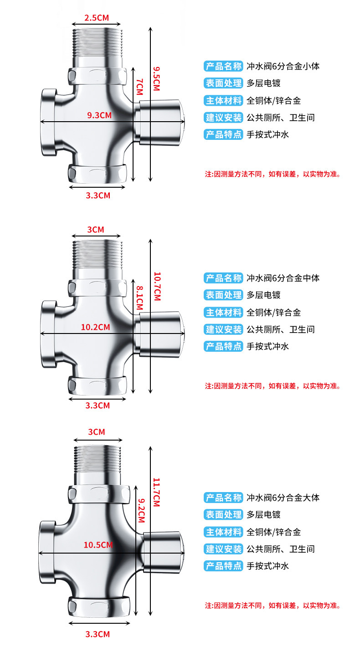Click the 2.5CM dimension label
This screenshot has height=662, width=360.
click(x=97, y=18)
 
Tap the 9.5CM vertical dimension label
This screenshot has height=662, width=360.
click(x=156, y=78)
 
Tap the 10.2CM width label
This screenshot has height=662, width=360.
click(x=96, y=327)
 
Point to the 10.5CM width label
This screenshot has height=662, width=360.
click(x=98, y=545)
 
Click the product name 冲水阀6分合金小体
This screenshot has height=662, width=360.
click(x=283, y=66)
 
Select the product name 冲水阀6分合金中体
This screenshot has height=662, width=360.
click(x=283, y=278)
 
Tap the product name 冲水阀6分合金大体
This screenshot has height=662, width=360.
click(x=283, y=498)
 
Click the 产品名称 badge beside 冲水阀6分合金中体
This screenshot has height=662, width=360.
click(x=223, y=278)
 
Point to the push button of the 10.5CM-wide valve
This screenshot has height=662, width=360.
click(x=164, y=552)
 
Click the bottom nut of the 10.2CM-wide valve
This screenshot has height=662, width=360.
click(x=98, y=385)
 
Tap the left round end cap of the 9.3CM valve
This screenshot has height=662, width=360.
click(x=47, y=121)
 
